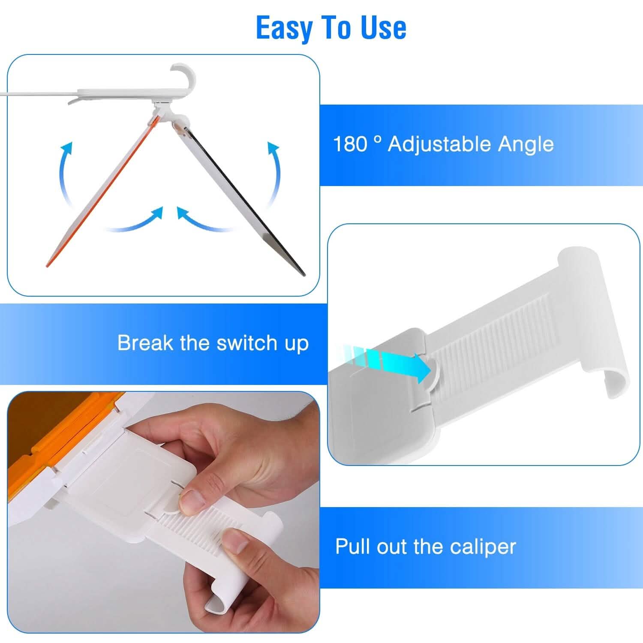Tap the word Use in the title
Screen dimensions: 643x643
(383, 28)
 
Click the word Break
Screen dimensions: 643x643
(145, 343)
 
